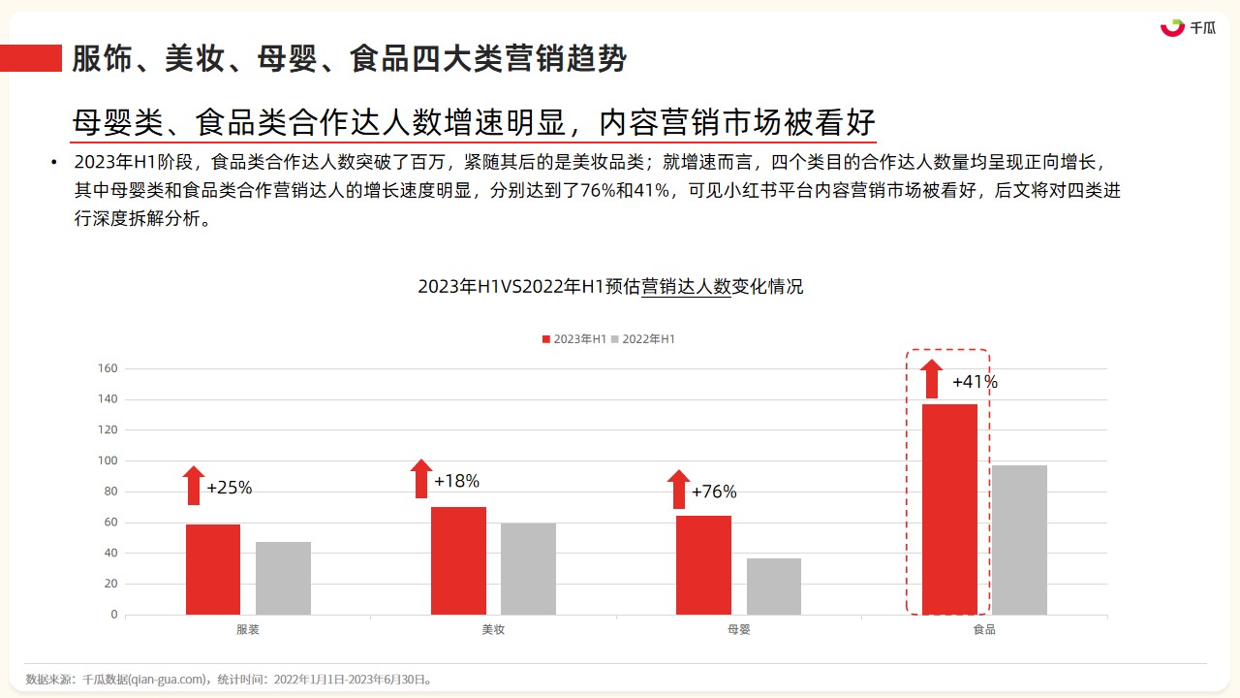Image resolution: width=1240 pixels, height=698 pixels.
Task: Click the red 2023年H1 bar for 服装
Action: (213, 569)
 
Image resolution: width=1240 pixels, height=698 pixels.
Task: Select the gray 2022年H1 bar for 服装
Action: (284, 579)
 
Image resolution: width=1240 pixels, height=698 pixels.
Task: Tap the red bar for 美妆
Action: (458, 560)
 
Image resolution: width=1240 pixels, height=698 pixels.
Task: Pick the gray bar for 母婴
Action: (774, 587)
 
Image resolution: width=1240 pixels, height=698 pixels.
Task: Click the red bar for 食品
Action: (950, 510)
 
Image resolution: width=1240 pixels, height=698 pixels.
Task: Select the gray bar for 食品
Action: (1020, 540)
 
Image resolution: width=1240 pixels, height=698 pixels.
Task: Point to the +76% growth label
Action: (714, 492)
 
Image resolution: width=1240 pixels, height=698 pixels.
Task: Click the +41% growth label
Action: (975, 382)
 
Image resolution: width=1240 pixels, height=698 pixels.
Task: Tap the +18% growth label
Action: (456, 481)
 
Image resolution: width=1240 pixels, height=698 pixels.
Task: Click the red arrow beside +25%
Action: (194, 486)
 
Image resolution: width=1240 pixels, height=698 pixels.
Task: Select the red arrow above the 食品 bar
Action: (932, 379)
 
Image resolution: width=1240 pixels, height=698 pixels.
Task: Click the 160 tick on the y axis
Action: (108, 368)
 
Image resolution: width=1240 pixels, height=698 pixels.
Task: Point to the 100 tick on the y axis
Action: (108, 460)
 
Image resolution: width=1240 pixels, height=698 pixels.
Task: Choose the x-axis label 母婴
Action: (739, 629)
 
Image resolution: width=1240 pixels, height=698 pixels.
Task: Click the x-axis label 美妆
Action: (493, 629)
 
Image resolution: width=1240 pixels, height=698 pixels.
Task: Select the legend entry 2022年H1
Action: (643, 339)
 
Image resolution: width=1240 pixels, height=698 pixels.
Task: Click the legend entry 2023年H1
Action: (574, 339)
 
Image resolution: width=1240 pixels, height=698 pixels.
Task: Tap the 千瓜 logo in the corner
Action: (1188, 28)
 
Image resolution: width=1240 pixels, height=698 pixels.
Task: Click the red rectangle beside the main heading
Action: (31, 58)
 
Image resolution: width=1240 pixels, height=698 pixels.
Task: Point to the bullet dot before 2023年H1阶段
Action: (53, 162)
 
